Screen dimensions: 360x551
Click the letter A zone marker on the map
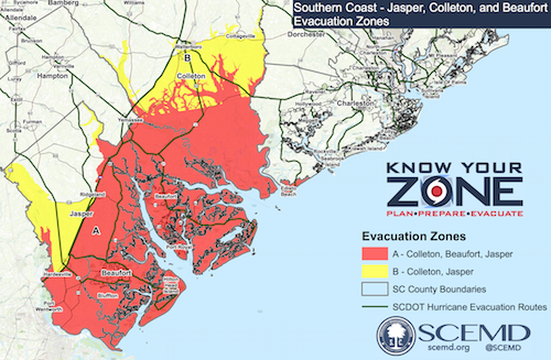96,231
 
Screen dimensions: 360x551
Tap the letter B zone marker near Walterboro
187,58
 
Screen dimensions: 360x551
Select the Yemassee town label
131,120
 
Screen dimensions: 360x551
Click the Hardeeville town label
58,274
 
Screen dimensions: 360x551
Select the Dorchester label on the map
305,35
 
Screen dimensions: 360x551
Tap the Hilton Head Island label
171,286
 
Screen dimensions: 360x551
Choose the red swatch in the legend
375,254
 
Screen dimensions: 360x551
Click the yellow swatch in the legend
375,272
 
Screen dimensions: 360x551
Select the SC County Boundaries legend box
375,289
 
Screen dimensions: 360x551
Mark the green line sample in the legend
375,307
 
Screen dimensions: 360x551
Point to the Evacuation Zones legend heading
414,236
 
